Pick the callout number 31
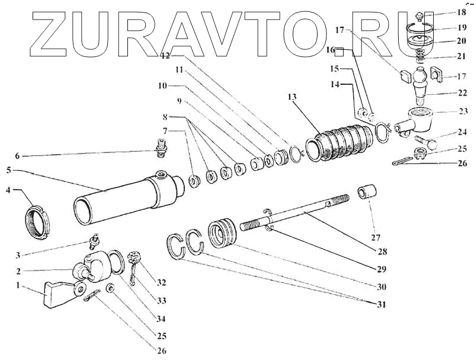(x=380, y=305)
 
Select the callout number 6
(x=18, y=156)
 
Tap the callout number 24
(x=446, y=133)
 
